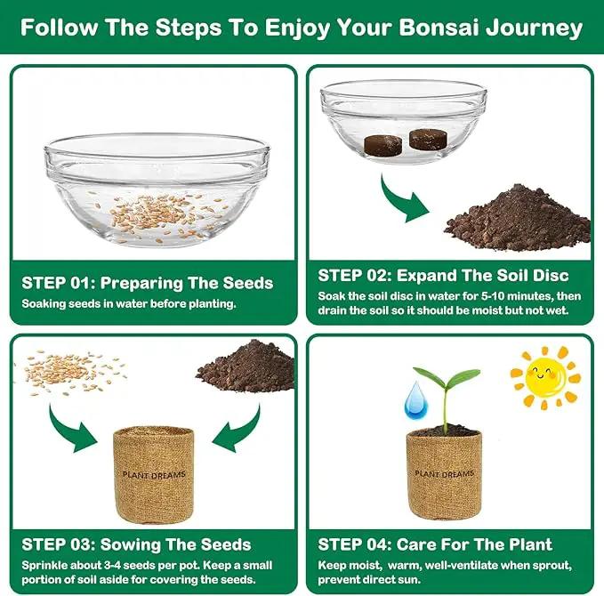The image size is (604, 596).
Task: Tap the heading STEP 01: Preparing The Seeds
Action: click(148, 283)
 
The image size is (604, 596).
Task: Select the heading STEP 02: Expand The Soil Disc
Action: click(443, 276)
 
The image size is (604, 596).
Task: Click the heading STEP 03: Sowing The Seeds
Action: click(136, 544)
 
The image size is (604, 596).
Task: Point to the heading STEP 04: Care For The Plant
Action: click(435, 544)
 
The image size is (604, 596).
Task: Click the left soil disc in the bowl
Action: click(383, 146)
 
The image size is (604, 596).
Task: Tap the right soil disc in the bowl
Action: click(428, 139)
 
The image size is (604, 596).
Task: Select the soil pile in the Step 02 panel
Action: click(518, 218)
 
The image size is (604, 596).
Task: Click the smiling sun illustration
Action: click(545, 377)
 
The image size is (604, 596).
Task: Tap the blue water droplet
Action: click(416, 400)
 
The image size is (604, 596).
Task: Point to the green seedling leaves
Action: click(447, 377)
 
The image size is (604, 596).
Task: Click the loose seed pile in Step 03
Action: click(73, 372)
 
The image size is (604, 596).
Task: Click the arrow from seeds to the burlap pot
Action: click(69, 431)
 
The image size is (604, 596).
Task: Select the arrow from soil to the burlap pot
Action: click(239, 431)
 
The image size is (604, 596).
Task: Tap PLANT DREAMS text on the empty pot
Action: click(154, 475)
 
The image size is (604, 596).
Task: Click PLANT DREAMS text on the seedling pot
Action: click(444, 473)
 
